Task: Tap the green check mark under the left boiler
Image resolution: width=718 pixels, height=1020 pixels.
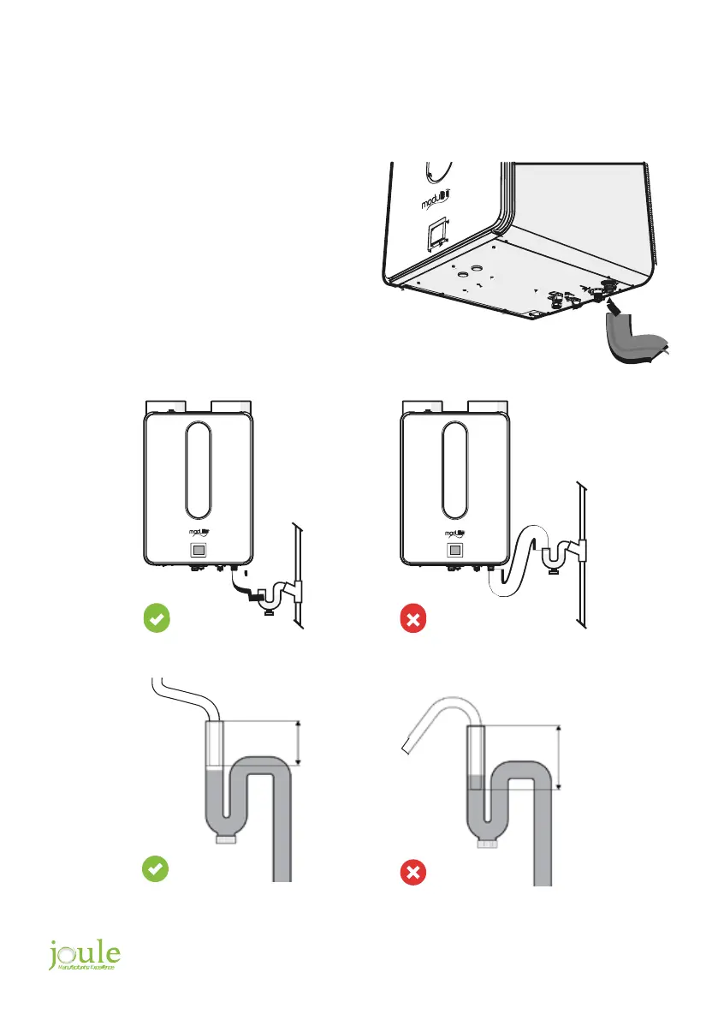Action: click(x=155, y=617)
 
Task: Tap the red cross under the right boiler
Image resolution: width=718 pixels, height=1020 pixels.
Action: click(x=412, y=618)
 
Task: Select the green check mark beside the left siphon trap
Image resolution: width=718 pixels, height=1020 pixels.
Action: click(x=155, y=869)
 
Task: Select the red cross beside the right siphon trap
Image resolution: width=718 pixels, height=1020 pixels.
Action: click(x=412, y=874)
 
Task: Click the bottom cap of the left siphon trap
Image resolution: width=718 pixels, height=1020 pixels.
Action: click(x=226, y=839)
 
